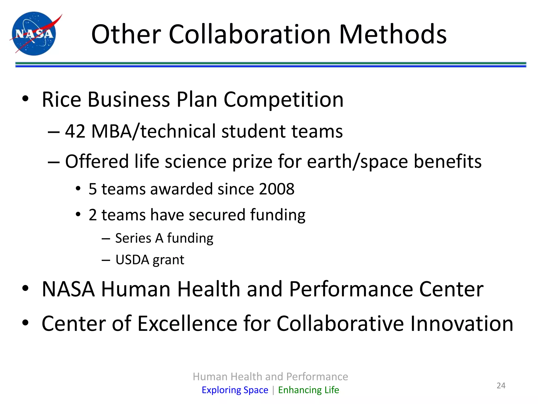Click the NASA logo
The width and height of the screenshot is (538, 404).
pyautogui.click(x=34, y=34)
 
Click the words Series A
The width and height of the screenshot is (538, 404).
pyautogui.click(x=139, y=238)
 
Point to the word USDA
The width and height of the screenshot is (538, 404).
pyautogui.click(x=132, y=260)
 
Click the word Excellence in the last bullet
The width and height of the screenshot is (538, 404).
pyautogui.click(x=188, y=323)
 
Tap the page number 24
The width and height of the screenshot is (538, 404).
pyautogui.click(x=501, y=386)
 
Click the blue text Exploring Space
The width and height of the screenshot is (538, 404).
pyautogui.click(x=235, y=390)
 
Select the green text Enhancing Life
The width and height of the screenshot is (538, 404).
pyautogui.click(x=308, y=390)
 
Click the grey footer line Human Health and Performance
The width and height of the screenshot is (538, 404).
pyautogui.click(x=270, y=377)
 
